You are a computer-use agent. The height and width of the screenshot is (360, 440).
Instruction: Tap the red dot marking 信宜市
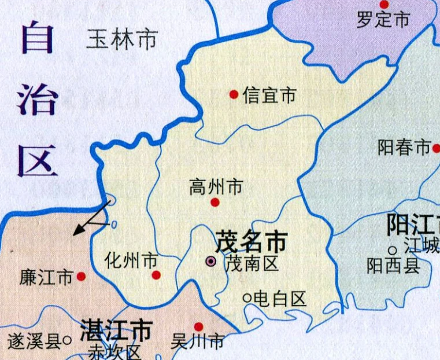pyautogui.click(x=234, y=94)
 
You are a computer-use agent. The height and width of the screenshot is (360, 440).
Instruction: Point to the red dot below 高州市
pyautogui.click(x=215, y=202)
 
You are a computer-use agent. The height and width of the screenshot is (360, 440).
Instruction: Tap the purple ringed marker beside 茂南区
pyautogui.click(x=212, y=262)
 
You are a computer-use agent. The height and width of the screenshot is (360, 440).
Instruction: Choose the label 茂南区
pyautogui.click(x=252, y=263)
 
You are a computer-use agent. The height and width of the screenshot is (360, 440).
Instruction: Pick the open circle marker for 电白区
pyautogui.click(x=247, y=297)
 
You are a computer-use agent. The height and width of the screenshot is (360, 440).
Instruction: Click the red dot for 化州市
pyautogui.click(x=155, y=275)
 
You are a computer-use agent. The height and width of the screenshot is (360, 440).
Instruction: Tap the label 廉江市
pyautogui.click(x=46, y=277)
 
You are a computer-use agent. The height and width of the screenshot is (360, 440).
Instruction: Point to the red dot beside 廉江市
pyautogui.click(x=81, y=277)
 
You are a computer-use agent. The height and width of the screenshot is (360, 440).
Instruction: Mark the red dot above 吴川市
pyautogui.click(x=198, y=326)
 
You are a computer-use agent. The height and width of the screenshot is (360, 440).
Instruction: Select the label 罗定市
pyautogui.click(x=383, y=20)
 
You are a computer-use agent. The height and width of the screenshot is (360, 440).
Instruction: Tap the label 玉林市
pyautogui.click(x=122, y=40)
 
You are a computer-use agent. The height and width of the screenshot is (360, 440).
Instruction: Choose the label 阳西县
pyautogui.click(x=393, y=265)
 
